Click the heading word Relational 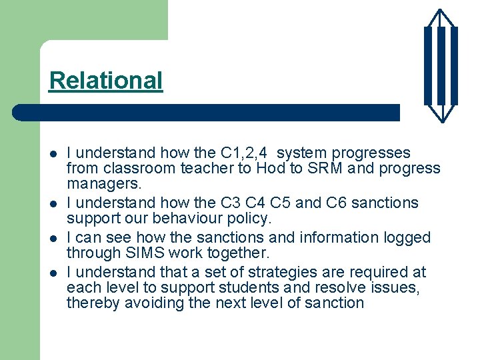pyautogui.click(x=105, y=81)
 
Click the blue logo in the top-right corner pyautogui.click(x=441, y=65)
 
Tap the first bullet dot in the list pyautogui.click(x=53, y=154)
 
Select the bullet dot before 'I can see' pyautogui.click(x=53, y=238)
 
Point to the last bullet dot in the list pyautogui.click(x=53, y=273)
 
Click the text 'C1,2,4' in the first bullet pyautogui.click(x=243, y=153)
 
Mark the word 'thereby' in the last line pyautogui.click(x=90, y=303)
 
